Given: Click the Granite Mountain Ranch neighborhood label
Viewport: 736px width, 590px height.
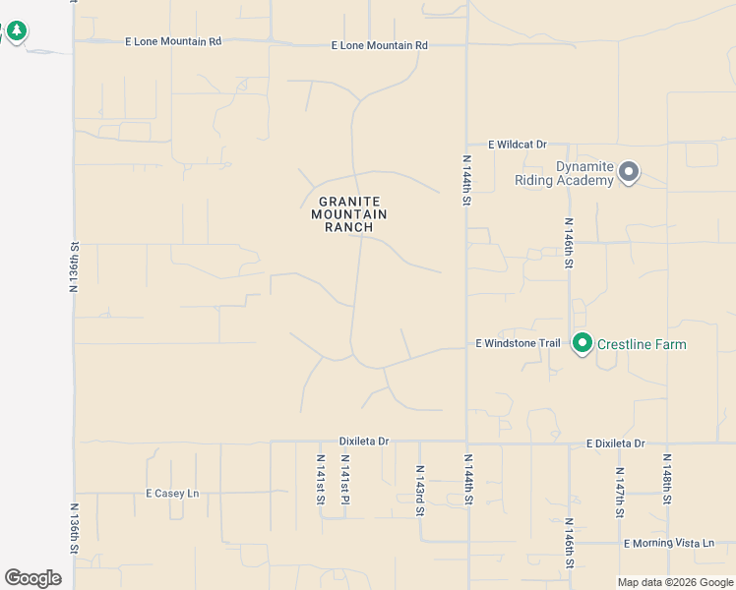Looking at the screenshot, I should pos(349,214).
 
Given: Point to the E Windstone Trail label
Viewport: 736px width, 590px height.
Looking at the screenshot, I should pos(518,343).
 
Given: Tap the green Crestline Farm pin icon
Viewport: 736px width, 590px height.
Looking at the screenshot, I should pos(583,343).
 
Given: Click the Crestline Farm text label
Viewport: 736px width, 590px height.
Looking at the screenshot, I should pos(642,344).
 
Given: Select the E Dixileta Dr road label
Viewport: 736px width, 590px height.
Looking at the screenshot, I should pos(615,443).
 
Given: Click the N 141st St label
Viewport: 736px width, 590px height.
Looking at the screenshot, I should pos(321,480).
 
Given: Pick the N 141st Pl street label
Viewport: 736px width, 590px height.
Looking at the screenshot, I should pos(343,480).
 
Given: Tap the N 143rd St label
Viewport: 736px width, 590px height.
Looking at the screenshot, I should pos(420,490).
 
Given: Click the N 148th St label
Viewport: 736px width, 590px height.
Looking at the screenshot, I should pos(667,480).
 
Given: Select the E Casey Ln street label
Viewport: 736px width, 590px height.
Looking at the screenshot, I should pos(172,493).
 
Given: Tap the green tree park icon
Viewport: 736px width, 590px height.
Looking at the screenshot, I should pos(16,31).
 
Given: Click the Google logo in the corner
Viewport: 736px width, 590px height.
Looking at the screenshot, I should pos(32,578).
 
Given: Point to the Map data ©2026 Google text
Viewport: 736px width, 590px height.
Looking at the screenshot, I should pos(674,582).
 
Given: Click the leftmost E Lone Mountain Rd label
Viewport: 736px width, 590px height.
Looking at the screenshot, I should pos(173,41).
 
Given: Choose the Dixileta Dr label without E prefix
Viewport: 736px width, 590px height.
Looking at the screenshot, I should pos(364,442).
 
